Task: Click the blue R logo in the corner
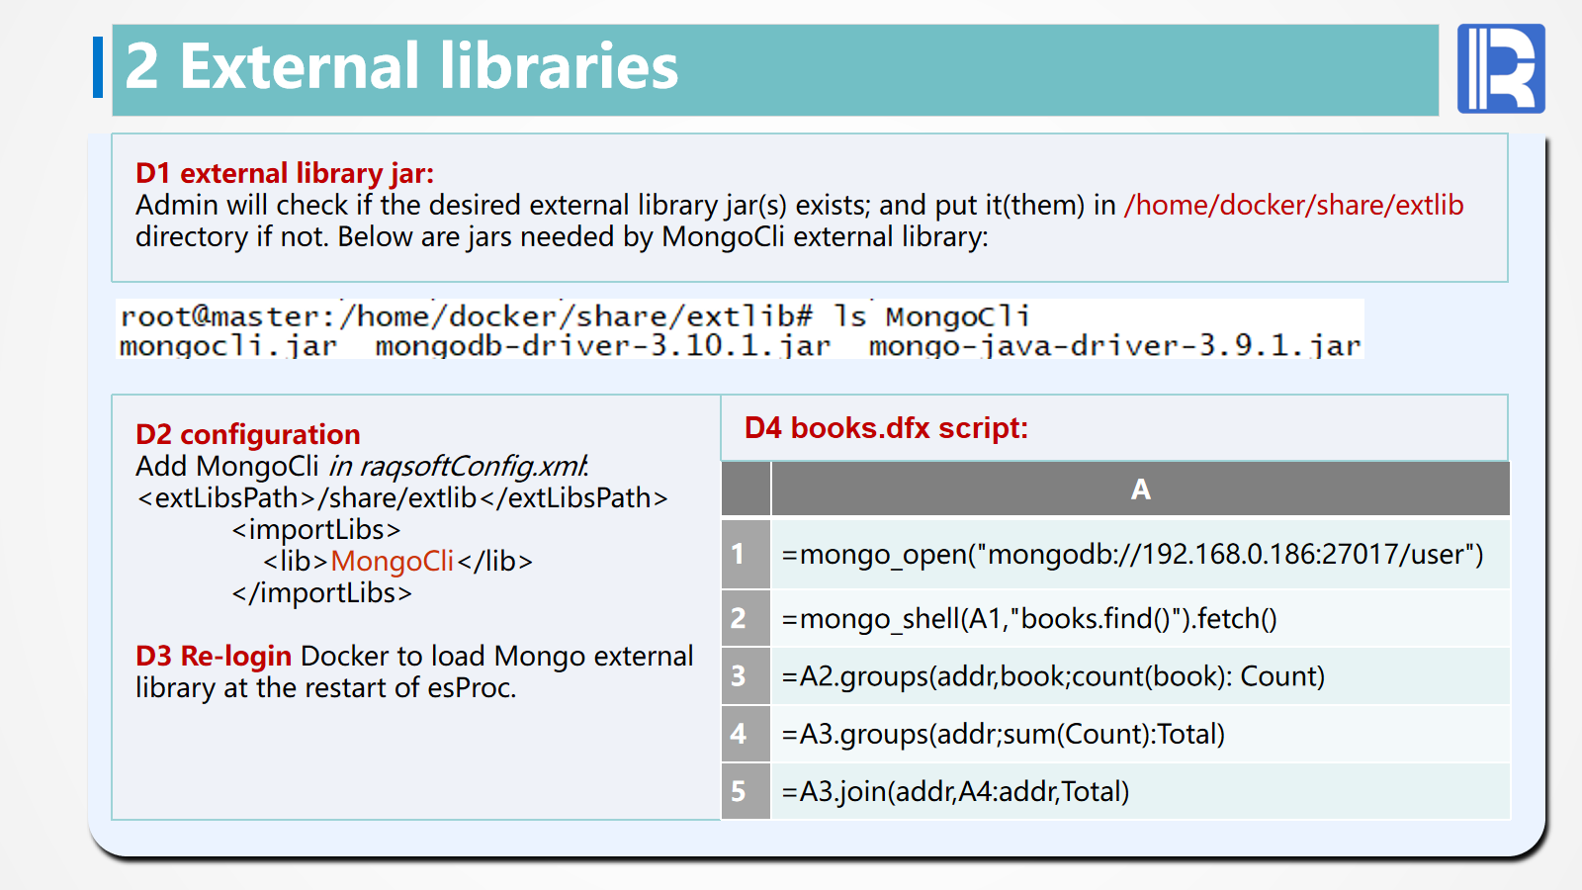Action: (1501, 68)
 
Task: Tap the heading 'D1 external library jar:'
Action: (285, 173)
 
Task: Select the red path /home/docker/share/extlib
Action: (1294, 205)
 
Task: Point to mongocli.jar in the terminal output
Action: (228, 346)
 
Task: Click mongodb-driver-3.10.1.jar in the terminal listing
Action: (602, 346)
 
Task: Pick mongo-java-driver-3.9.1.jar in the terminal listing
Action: (1114, 346)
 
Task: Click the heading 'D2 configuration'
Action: (248, 434)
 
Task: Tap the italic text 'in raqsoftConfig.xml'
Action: (458, 466)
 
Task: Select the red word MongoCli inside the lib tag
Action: (392, 561)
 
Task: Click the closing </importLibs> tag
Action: (321, 592)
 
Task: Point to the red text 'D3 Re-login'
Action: (214, 657)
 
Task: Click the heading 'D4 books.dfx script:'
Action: (886, 428)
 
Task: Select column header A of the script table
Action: (1141, 489)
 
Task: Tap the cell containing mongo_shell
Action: (1141, 619)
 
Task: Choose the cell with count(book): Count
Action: (1141, 676)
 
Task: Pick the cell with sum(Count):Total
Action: (1141, 734)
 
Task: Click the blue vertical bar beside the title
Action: (98, 67)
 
